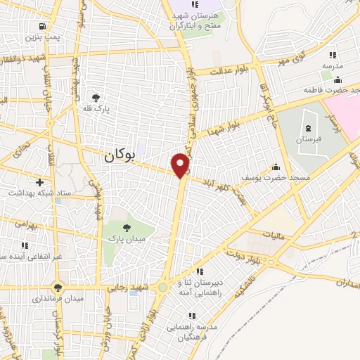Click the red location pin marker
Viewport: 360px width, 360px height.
tap(181, 165)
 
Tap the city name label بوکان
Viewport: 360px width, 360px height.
tap(118, 157)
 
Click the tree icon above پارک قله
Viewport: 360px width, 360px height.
tap(96, 98)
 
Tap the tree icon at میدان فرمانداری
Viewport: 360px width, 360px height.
tap(58, 286)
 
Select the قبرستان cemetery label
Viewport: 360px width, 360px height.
tap(308, 140)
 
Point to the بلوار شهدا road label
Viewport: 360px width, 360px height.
tap(229, 126)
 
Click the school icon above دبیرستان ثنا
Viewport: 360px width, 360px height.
tap(200, 271)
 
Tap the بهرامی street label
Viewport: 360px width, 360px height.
tap(24, 223)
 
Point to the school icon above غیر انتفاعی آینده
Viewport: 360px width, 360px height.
tap(25, 245)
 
